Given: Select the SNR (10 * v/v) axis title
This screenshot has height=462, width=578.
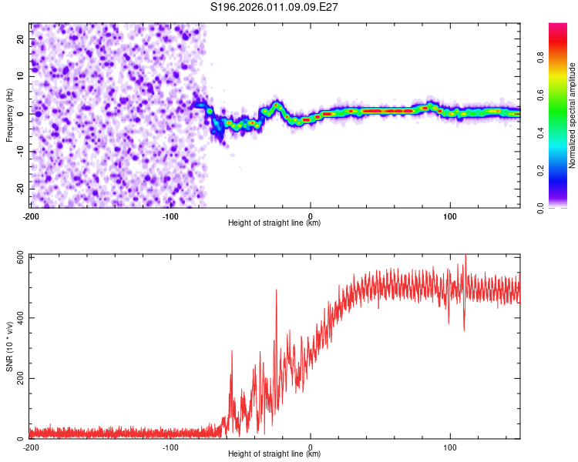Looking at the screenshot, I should (9, 346).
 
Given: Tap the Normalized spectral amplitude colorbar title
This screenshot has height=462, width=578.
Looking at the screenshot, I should (573, 115).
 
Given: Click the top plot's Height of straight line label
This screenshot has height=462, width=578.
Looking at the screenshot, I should (274, 223).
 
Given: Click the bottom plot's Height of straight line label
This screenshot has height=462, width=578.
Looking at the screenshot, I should (274, 454).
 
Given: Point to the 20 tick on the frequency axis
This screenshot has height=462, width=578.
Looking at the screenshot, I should (22, 40).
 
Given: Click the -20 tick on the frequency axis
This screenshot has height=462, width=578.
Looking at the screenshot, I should (20, 187).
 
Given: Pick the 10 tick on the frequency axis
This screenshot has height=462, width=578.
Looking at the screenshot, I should (22, 77).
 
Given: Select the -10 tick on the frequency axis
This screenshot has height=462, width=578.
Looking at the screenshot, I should (20, 150).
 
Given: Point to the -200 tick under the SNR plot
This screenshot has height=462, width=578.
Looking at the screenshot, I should (31, 447).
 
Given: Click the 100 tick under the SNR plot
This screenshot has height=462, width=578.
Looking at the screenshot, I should (450, 447).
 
